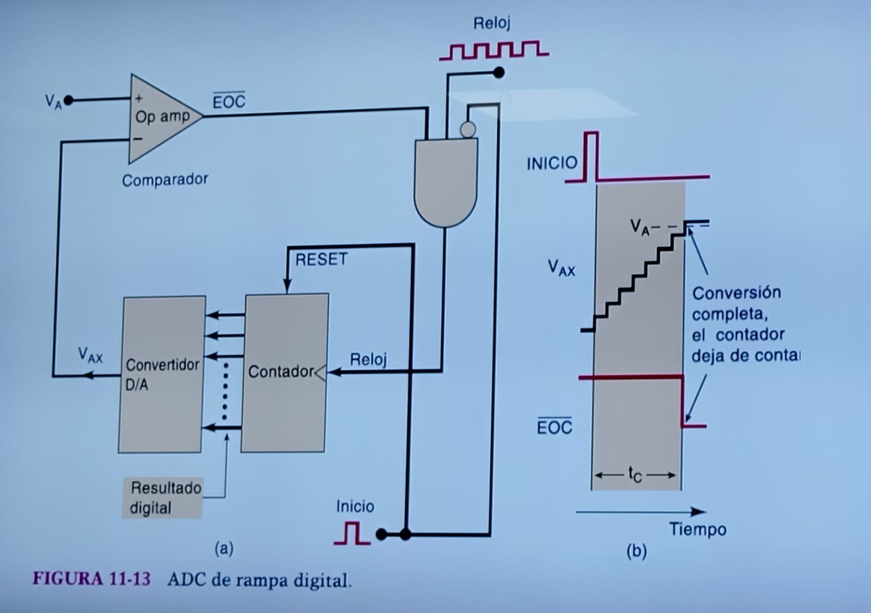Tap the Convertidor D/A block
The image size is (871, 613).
tap(162, 374)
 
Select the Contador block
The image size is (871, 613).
tap(284, 373)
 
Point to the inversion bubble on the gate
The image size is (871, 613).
tap(467, 130)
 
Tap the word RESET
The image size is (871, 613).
tap(321, 259)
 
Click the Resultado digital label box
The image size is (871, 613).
tap(162, 497)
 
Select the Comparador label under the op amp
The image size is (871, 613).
tap(165, 180)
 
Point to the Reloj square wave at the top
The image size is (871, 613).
tap(494, 50)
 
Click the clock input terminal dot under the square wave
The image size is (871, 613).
tap(498, 72)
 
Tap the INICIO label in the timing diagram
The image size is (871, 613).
tap(552, 163)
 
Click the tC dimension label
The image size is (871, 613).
tap(635, 475)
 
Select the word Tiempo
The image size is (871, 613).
tap(698, 529)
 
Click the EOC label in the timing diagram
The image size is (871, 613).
tap(555, 427)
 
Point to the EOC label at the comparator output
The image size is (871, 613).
tap(229, 101)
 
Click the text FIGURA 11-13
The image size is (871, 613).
tap(92, 579)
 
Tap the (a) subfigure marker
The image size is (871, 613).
tap(224, 548)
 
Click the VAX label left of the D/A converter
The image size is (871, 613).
tap(90, 355)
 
